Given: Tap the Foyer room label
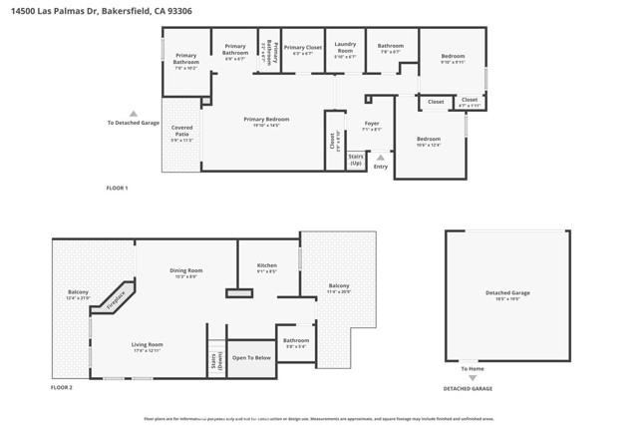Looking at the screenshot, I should pyautogui.click(x=372, y=126).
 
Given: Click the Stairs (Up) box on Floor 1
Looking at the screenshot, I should pyautogui.click(x=356, y=160).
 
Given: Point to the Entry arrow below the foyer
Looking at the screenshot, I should pyautogui.click(x=380, y=157).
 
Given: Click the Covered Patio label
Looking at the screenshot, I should pyautogui.click(x=181, y=129).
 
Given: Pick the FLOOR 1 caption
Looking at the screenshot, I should pyautogui.click(x=118, y=188).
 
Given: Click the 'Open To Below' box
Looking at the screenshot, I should pyautogui.click(x=250, y=357).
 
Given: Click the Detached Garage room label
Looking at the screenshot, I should pyautogui.click(x=507, y=295).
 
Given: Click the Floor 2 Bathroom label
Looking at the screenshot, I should pyautogui.click(x=295, y=342).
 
